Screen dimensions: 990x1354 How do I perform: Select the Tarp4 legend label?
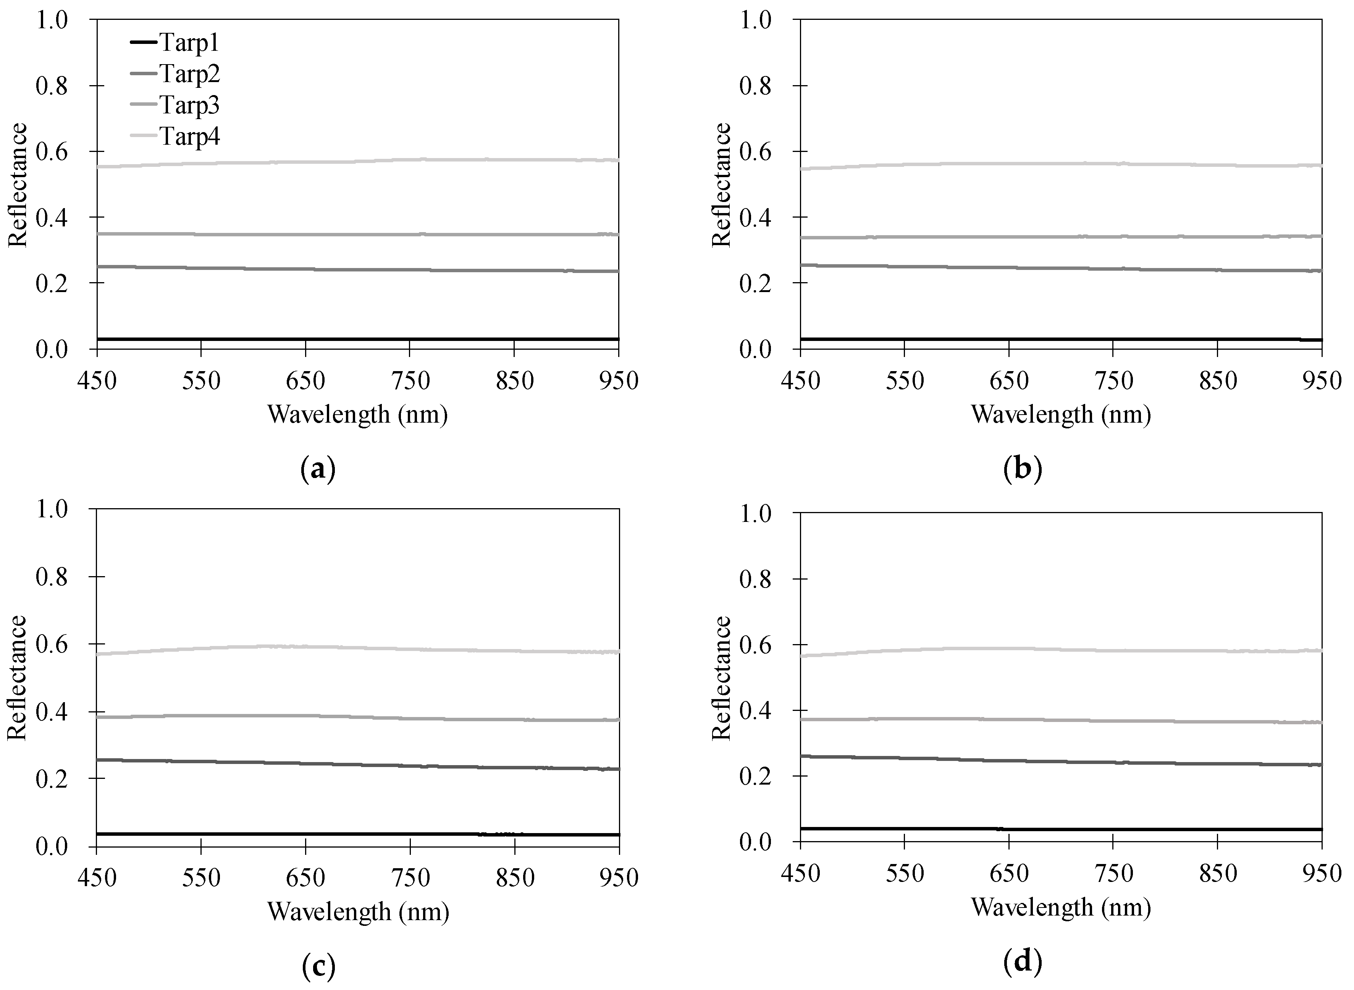[189, 137]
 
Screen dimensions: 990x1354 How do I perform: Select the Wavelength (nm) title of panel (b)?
[1061, 414]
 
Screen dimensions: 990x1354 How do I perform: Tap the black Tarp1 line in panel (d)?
[1061, 829]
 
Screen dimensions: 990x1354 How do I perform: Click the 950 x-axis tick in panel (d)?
[1322, 873]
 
